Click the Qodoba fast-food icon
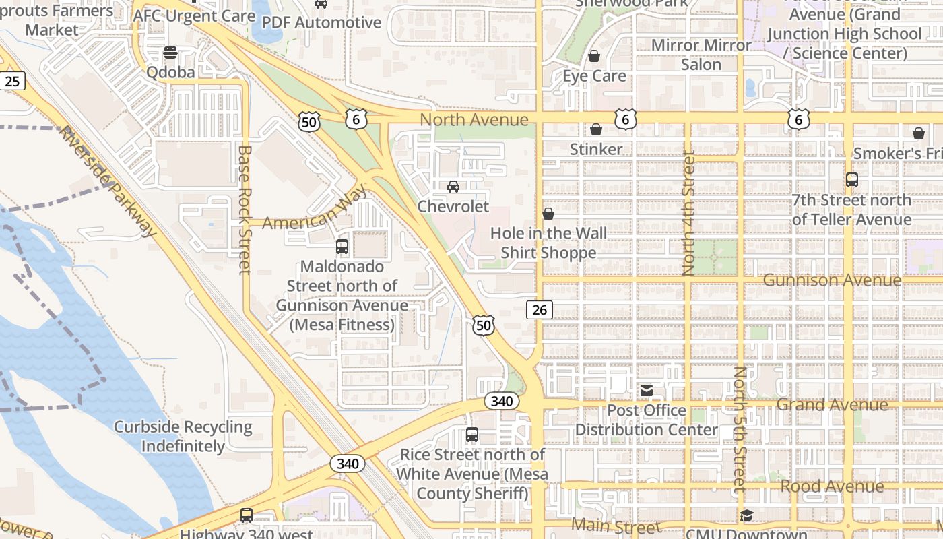(170, 53)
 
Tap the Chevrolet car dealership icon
(453, 187)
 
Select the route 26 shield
(540, 309)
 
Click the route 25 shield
(12, 82)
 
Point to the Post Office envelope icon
(647, 391)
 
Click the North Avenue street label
(474, 120)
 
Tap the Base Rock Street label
(245, 210)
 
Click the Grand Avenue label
(832, 405)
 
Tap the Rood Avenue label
(832, 486)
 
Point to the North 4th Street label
(688, 213)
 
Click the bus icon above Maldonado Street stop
(342, 247)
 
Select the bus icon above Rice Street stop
(472, 435)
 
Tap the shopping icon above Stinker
(596, 129)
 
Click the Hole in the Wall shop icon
(548, 214)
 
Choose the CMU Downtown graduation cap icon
(746, 516)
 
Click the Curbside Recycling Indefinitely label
(183, 437)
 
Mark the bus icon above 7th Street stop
(852, 180)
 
